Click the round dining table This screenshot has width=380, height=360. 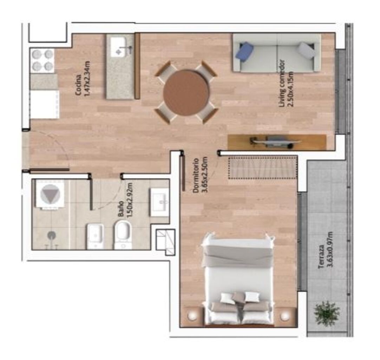point(186,93)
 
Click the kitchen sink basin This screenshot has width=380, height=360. point(118,47)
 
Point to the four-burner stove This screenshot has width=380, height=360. point(42,61)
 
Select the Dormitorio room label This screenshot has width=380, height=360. point(196,176)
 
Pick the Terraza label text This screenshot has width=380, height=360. point(322,257)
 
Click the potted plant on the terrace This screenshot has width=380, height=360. point(326,313)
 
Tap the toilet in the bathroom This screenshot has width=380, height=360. point(123,234)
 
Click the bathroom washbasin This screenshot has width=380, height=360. point(160,202)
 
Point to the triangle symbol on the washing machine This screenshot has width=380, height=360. point(50,193)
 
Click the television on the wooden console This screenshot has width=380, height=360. point(275,141)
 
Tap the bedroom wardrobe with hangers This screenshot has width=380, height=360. point(262,168)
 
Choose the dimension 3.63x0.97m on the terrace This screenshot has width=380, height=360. point(329,250)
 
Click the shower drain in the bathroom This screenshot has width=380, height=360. point(51,235)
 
